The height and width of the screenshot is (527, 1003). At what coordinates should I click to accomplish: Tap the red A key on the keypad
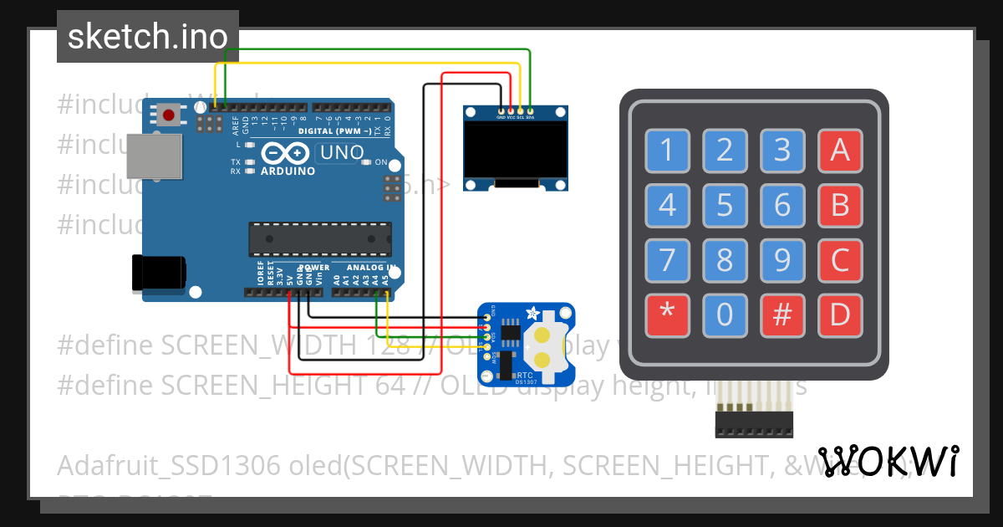tap(839, 151)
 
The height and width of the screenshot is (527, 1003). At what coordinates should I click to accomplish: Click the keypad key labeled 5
tap(725, 205)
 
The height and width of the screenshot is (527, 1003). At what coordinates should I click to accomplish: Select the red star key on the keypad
tap(667, 315)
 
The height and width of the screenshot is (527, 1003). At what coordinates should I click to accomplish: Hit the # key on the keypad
tap(782, 315)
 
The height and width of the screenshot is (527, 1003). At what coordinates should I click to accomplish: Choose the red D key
tap(839, 315)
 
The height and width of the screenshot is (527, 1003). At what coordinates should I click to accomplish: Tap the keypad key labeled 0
tap(725, 315)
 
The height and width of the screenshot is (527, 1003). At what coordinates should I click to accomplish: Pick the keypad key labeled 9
tap(782, 260)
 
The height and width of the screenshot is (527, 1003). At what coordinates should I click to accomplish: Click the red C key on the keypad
tap(839, 260)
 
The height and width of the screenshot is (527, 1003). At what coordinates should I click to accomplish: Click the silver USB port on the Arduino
tap(154, 156)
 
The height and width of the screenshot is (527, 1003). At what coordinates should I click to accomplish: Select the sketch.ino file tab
tap(148, 37)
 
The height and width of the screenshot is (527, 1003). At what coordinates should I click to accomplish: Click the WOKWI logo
tap(888, 461)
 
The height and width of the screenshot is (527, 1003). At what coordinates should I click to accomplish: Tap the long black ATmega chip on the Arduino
tap(319, 239)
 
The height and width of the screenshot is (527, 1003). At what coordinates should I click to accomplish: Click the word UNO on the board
tap(343, 152)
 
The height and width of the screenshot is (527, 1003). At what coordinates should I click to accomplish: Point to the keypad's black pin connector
tap(753, 423)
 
